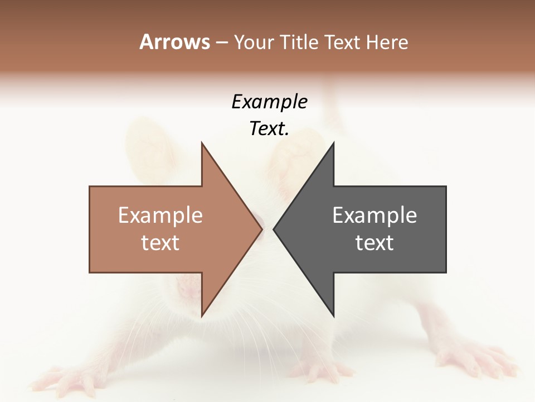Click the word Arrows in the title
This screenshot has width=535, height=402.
tap(174, 42)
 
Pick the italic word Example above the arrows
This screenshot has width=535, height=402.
tap(269, 102)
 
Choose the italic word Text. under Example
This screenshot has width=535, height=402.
tap(269, 129)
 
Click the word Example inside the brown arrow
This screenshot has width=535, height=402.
tap(160, 216)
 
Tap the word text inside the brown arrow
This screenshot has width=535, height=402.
tap(160, 243)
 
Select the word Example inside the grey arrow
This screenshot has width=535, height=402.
tap(374, 216)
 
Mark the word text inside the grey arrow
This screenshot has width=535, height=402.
tap(374, 243)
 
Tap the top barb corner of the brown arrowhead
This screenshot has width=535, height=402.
tap(202, 143)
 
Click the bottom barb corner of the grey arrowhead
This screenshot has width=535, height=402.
tap(333, 316)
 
